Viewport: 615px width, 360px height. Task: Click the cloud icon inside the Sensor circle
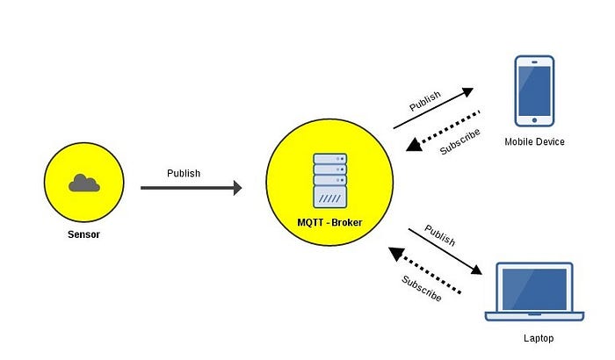[x=83, y=183]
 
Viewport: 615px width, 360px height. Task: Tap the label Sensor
[x=83, y=234]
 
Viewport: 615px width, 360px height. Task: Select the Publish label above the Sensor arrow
[x=184, y=173]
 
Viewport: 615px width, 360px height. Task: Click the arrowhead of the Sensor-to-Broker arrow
[x=236, y=187]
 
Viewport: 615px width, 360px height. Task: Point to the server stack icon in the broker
[x=329, y=182]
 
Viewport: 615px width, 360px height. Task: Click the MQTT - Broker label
[x=329, y=223]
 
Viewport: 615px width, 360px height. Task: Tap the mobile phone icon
[x=535, y=90]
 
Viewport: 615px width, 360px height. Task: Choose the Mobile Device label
[x=535, y=141]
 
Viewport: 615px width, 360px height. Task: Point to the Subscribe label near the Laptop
[x=422, y=288]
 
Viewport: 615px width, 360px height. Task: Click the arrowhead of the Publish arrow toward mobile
[x=468, y=90]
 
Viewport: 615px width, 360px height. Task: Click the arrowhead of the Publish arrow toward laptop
[x=481, y=271]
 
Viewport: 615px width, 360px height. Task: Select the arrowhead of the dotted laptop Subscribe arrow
[x=396, y=255]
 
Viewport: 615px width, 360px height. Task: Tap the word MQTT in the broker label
[x=312, y=223]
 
